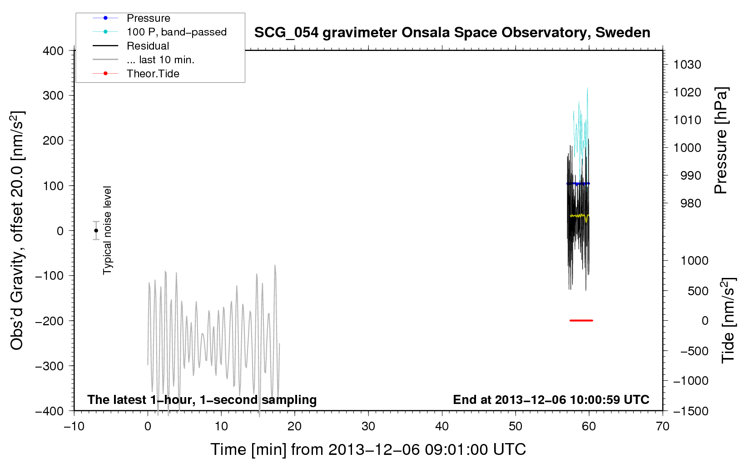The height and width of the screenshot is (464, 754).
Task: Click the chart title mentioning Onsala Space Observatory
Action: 452,33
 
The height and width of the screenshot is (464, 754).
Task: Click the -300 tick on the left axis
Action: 50,366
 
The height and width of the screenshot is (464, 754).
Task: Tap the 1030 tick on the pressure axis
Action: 687,65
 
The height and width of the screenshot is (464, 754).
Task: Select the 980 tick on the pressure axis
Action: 690,203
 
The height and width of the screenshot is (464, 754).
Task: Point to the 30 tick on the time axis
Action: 368,426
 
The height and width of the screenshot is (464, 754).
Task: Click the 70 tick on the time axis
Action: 662,426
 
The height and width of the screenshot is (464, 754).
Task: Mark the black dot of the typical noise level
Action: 96,231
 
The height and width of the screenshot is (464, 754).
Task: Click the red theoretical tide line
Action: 581,320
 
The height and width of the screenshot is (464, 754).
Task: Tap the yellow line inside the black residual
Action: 579,216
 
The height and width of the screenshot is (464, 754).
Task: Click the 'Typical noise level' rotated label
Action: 107,230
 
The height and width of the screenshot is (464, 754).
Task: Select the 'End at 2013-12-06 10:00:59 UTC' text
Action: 551,399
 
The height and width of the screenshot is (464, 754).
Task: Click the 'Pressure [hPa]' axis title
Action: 720,141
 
